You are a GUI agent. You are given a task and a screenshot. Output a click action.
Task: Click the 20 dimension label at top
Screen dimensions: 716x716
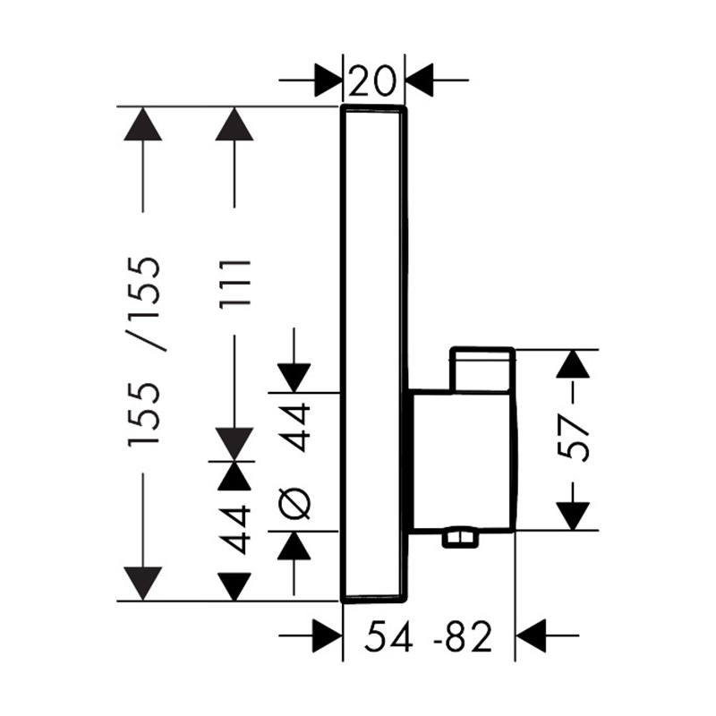(372, 80)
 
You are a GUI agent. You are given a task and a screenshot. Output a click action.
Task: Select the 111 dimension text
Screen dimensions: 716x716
(235, 283)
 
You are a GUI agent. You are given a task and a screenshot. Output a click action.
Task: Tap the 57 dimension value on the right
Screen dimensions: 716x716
(573, 438)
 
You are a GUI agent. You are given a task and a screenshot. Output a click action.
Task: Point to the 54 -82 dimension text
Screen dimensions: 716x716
(429, 636)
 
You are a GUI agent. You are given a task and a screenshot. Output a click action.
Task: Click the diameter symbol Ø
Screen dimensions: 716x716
(294, 504)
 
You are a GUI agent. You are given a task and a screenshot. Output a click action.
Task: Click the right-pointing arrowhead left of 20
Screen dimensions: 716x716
(328, 81)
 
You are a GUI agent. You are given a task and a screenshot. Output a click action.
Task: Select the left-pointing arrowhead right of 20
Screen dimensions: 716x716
(419, 81)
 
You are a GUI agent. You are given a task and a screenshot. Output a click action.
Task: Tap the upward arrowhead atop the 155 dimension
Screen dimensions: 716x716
(143, 124)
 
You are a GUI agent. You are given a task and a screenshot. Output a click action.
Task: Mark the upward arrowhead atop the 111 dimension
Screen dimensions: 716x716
(234, 124)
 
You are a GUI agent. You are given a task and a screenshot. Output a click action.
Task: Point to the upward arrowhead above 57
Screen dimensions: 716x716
(573, 363)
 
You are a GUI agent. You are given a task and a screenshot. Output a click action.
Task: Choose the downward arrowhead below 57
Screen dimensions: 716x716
(573, 516)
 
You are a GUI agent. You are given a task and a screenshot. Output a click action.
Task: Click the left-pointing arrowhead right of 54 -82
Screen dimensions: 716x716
(532, 635)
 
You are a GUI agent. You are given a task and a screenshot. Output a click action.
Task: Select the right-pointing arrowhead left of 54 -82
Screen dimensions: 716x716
(328, 635)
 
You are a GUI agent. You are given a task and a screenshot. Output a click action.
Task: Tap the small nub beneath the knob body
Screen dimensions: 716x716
(459, 539)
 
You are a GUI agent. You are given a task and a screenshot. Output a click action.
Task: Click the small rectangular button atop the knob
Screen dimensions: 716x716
(482, 370)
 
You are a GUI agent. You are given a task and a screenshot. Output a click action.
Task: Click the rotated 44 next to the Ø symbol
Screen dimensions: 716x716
(294, 428)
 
